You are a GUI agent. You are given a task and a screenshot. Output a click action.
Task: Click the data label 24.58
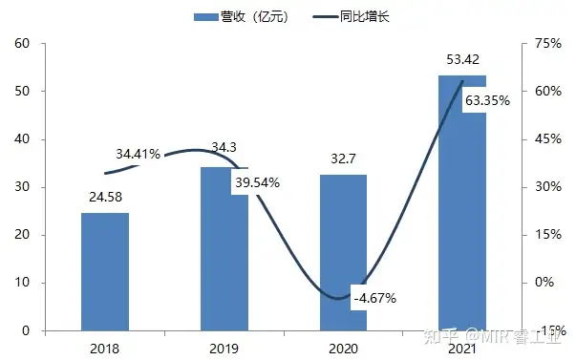105,200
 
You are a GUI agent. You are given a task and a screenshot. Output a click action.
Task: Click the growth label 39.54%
256,182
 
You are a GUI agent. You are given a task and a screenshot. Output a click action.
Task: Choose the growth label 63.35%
486,98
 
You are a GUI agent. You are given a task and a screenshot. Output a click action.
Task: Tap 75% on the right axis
548,44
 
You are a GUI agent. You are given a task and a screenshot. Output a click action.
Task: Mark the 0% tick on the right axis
544,283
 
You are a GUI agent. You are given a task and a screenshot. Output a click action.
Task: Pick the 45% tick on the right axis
548,139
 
